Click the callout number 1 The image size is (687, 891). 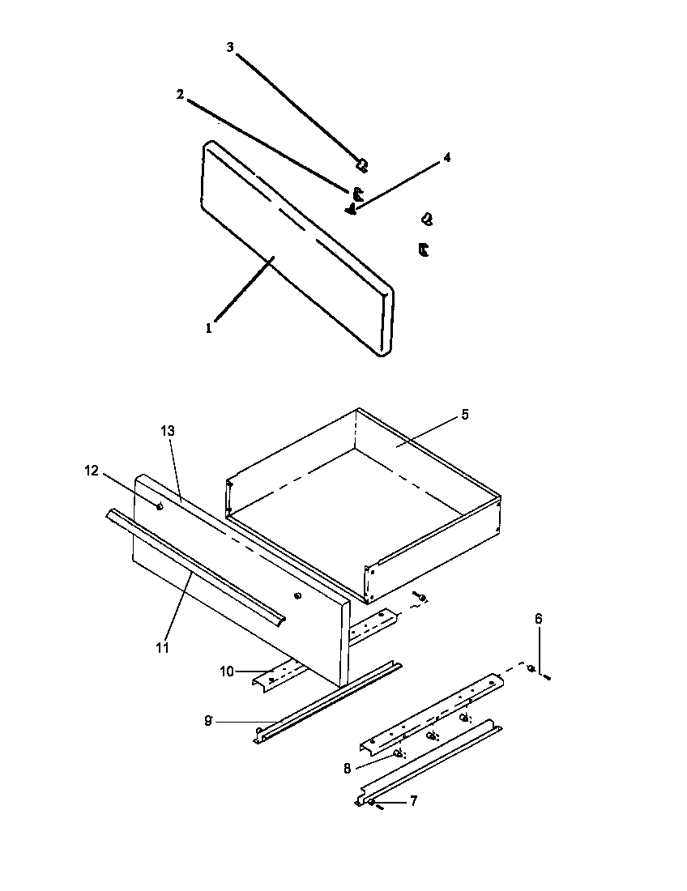point(208,329)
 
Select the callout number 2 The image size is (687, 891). point(181,95)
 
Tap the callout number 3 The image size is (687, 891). point(230,48)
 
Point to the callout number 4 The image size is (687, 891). point(446,157)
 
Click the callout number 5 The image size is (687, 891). point(464,414)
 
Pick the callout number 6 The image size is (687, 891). point(538,619)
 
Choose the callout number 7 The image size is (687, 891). point(413,801)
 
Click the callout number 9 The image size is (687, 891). point(208,720)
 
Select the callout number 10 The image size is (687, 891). point(227,671)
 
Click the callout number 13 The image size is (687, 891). point(168,431)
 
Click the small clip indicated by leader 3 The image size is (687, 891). point(362,165)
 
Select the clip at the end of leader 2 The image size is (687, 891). point(357,194)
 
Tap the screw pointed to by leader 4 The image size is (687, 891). point(351,210)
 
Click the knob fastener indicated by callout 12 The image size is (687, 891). point(160,507)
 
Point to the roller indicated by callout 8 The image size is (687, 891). point(398,752)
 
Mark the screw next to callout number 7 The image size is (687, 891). point(374,804)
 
